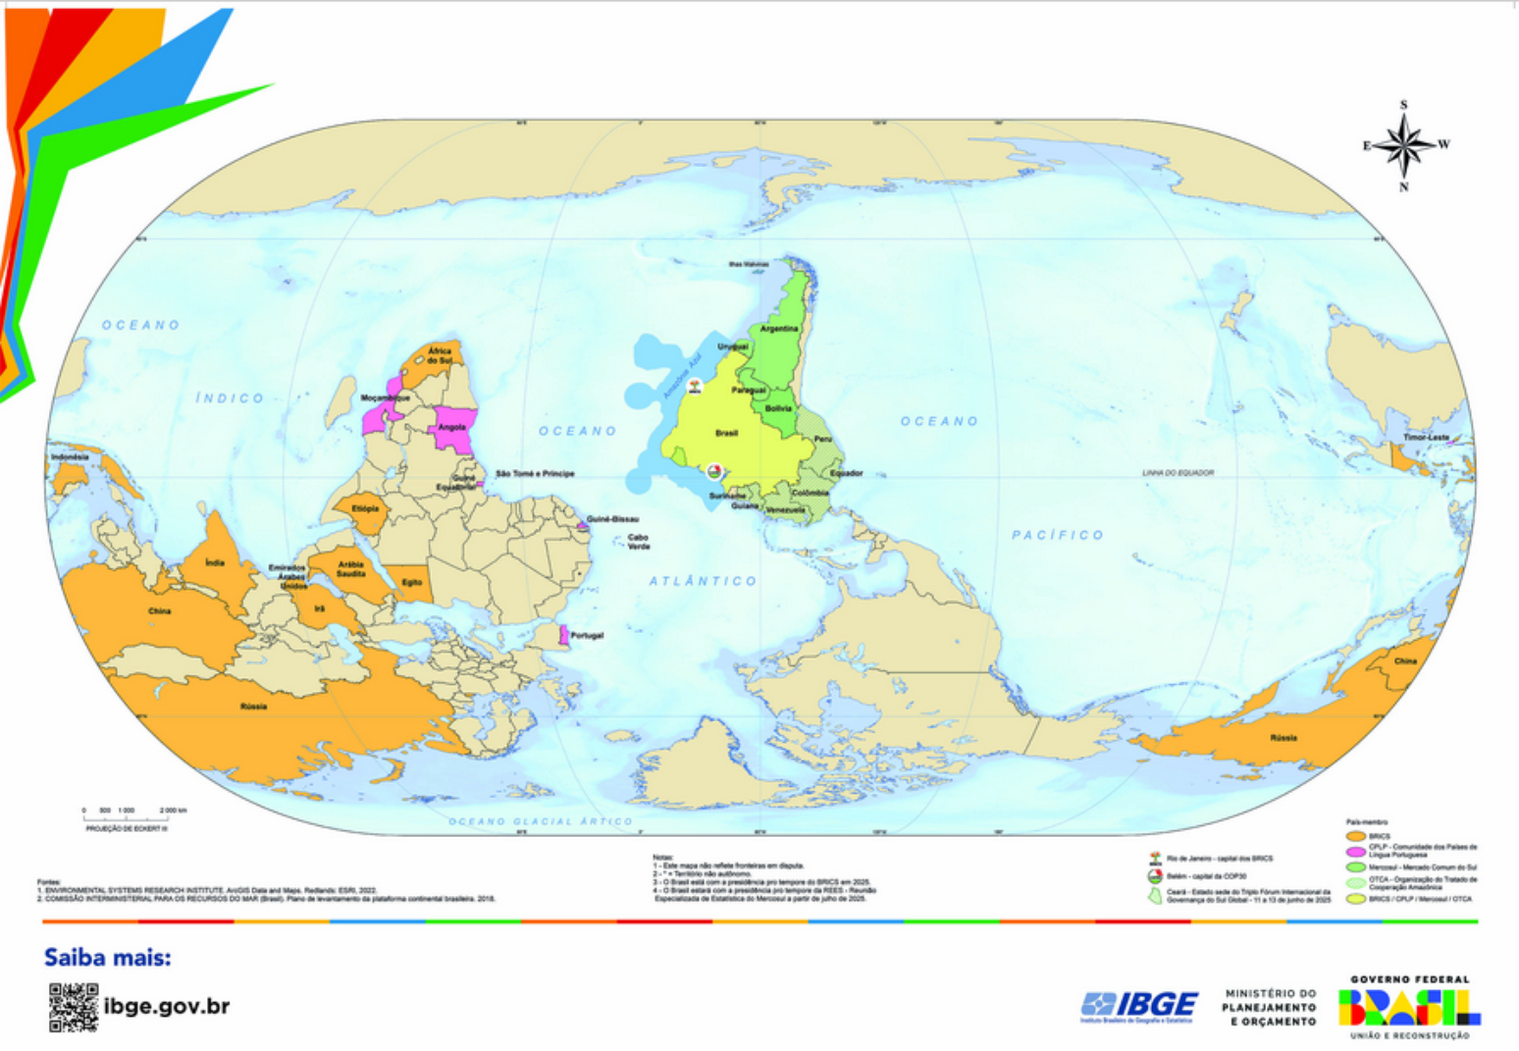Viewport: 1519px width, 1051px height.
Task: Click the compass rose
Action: coord(1404,145)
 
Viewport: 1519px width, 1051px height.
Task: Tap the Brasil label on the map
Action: coord(726,433)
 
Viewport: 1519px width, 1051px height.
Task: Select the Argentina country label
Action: coord(779,329)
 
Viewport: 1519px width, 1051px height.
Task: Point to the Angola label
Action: coord(451,428)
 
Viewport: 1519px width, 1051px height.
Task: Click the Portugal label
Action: coord(587,636)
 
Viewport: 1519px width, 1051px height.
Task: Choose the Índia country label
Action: coord(214,563)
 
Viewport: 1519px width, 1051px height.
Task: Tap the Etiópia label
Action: coord(365,509)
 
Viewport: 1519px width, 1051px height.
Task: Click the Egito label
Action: coord(411,582)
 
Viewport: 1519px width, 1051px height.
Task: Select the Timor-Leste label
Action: coord(1426,438)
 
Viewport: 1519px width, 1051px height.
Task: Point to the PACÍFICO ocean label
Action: coord(1058,535)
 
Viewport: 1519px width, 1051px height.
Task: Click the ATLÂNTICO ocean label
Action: coord(703,581)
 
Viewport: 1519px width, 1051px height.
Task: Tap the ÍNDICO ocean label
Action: coord(230,397)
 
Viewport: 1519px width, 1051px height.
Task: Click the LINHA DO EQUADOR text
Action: coord(1178,473)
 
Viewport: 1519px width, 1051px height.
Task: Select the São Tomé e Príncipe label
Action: coord(535,474)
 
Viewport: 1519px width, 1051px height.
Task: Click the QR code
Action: coord(74,1007)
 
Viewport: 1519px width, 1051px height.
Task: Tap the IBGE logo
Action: coord(1139,1005)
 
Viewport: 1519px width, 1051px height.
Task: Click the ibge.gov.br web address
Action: coord(167,1006)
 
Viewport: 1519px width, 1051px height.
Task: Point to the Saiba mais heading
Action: coord(107,958)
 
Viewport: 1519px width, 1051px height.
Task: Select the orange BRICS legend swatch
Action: coord(1355,836)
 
